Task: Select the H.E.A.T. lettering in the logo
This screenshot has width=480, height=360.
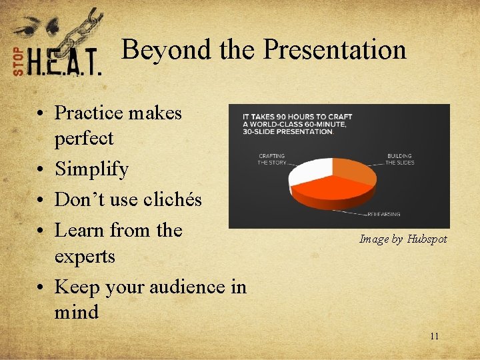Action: (65, 63)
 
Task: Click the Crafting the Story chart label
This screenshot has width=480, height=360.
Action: (271, 159)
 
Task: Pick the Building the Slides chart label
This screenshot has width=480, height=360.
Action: (399, 159)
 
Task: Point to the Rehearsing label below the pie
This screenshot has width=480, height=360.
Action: (385, 215)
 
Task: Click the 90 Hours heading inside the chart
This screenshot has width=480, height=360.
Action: (298, 124)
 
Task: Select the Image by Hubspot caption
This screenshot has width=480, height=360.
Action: (403, 239)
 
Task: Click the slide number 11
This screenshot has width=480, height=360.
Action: (434, 336)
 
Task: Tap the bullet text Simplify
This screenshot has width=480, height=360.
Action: (91, 169)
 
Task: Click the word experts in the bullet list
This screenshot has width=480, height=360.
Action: (85, 256)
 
